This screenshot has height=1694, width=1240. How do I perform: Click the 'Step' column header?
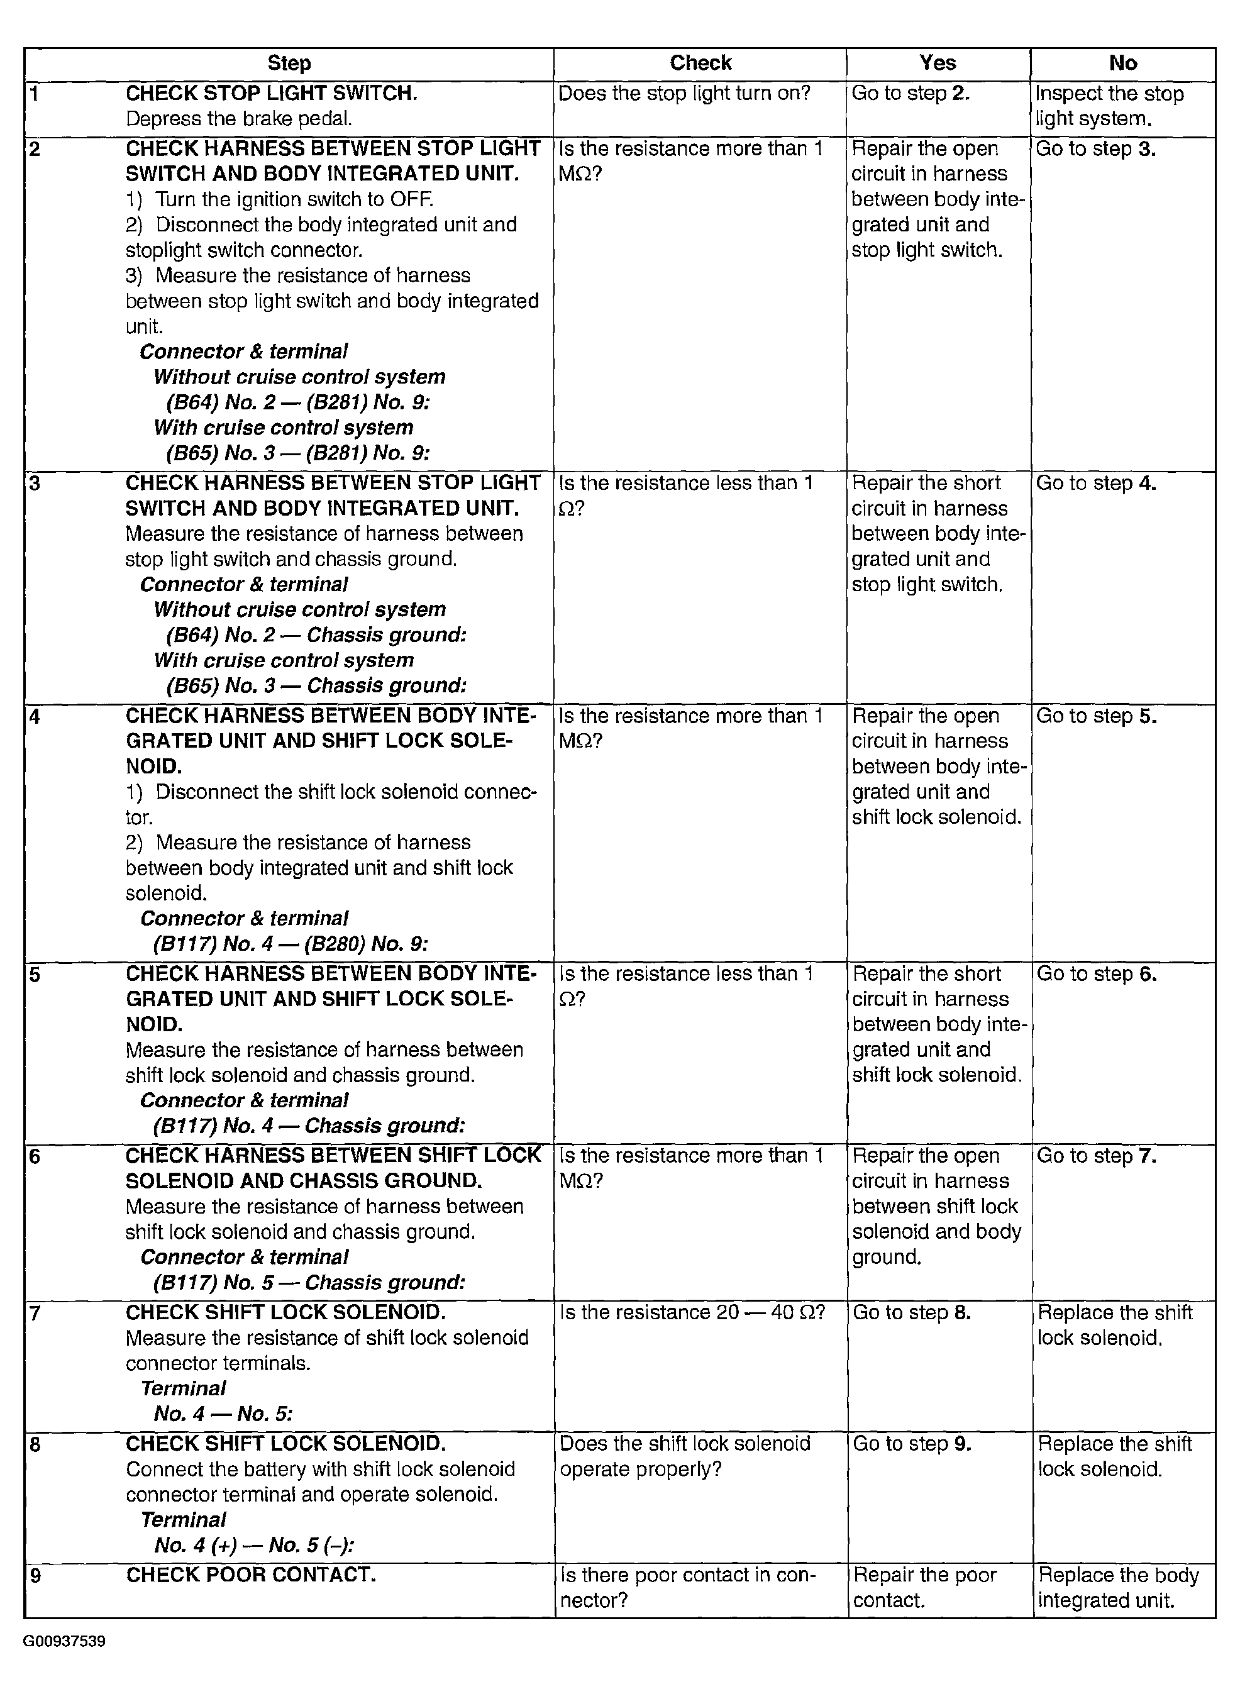tap(289, 64)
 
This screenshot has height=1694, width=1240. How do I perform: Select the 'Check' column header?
tap(700, 64)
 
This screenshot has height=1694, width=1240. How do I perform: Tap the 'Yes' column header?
tap(938, 64)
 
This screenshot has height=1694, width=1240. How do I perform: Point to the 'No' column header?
tap(1122, 64)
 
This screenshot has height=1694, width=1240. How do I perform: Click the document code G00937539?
tap(65, 1641)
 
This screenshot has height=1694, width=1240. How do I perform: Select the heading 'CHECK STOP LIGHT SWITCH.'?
tap(272, 94)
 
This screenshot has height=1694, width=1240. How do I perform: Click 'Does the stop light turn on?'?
tap(685, 94)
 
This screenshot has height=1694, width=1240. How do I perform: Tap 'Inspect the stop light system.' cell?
tap(1109, 106)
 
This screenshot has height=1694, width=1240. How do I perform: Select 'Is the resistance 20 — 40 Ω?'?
tap(692, 1313)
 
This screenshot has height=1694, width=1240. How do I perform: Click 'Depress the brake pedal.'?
tap(239, 119)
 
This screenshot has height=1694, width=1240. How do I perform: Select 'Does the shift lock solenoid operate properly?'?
tap(685, 1457)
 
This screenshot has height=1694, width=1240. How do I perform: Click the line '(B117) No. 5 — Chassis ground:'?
tap(309, 1283)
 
